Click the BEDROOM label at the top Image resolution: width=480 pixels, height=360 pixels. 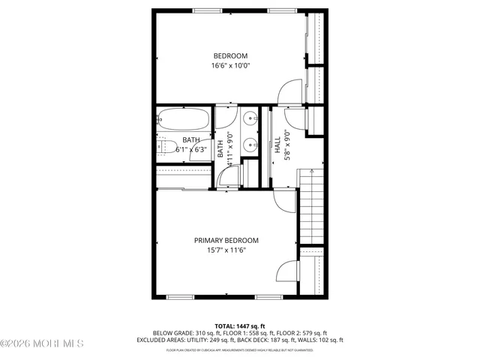[x=230, y=55]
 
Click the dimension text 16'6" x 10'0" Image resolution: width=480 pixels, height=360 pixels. [x=230, y=66]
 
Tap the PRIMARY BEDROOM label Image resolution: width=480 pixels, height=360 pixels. [x=226, y=240]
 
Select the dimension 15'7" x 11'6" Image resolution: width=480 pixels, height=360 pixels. [x=226, y=250]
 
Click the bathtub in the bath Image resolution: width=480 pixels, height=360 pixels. [x=184, y=120]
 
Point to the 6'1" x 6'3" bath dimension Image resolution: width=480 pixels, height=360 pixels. [x=191, y=149]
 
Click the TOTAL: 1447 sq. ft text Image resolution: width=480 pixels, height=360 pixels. [x=239, y=325]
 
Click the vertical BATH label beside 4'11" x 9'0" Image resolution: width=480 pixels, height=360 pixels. [x=220, y=149]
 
